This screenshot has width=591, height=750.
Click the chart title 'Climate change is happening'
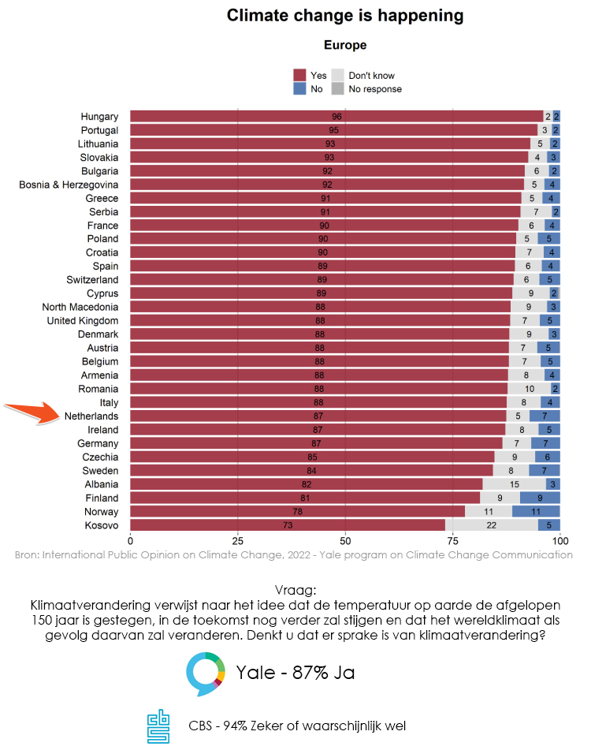[345, 16]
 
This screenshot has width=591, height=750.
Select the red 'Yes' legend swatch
[299, 75]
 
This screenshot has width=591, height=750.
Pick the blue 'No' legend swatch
[299, 88]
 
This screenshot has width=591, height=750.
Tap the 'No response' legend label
[375, 89]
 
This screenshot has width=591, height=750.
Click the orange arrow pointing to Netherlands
[33, 411]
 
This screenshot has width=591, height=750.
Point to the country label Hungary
[99, 117]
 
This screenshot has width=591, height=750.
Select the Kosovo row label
[102, 525]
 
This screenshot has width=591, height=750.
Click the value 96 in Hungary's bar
[336, 117]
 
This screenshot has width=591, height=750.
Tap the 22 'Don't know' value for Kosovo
[492, 525]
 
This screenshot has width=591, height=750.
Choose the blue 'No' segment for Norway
[536, 512]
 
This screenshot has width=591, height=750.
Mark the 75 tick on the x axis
[452, 541]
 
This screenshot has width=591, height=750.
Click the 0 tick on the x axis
[130, 541]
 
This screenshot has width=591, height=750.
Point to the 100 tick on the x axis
[559, 541]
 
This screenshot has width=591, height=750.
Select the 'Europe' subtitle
[345, 46]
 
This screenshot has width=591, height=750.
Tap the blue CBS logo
[158, 726]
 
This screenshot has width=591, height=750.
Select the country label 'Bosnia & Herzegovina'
[69, 185]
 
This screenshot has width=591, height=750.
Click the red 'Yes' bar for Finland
[305, 498]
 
